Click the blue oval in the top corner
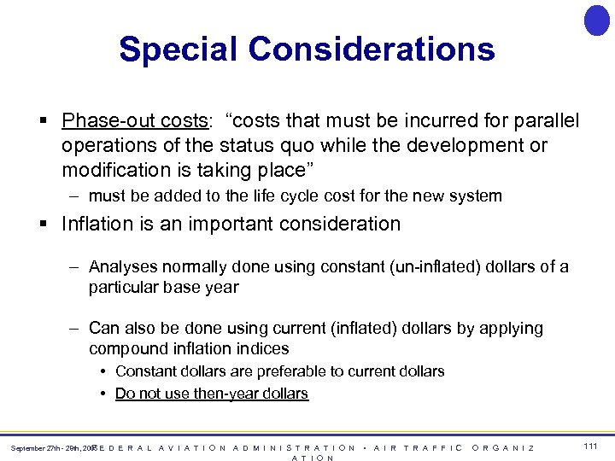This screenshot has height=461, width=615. [x=596, y=20]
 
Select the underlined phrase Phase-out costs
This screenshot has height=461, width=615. [x=133, y=121]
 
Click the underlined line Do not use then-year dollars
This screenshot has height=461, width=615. [x=211, y=394]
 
